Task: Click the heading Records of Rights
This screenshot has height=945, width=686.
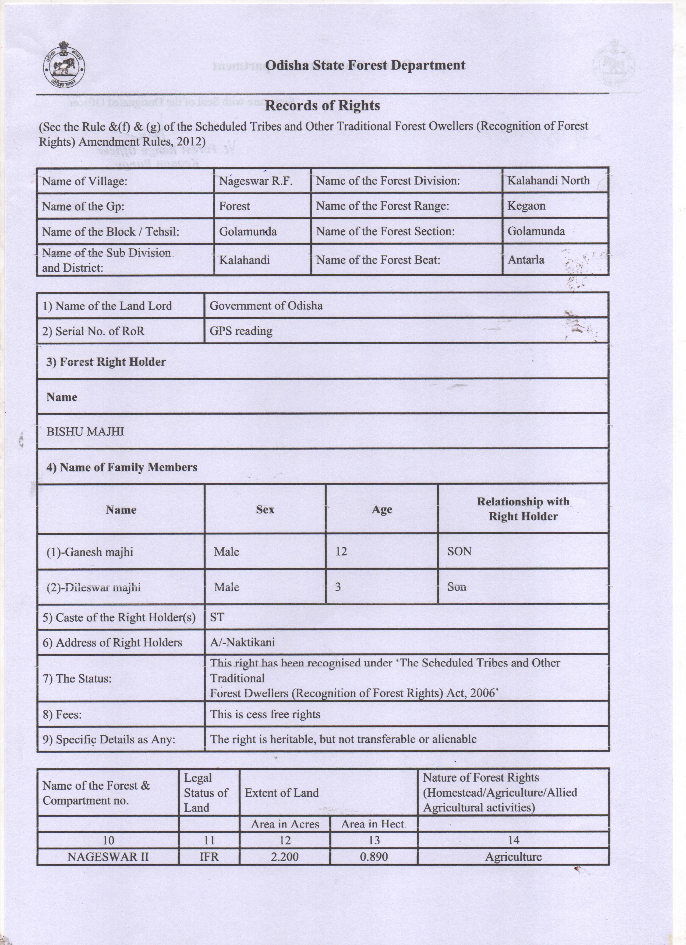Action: point(322,106)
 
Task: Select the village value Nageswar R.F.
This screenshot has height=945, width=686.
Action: point(256,181)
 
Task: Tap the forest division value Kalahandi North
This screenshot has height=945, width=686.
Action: point(548,180)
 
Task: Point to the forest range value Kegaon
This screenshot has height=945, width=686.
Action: point(526,206)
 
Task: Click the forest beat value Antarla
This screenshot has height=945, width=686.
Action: point(526,260)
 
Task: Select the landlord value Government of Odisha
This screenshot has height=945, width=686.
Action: point(266,306)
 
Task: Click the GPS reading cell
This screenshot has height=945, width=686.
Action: point(241,331)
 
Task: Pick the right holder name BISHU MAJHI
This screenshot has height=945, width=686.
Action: point(85,432)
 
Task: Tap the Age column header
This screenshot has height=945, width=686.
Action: point(382,510)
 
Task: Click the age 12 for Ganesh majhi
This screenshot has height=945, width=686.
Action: point(341,552)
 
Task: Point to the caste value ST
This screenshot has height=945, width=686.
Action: point(217,617)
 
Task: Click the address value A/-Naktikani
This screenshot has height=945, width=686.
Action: point(242,642)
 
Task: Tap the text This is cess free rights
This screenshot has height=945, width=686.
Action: point(265,714)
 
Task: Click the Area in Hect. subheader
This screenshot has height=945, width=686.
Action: point(373,824)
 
